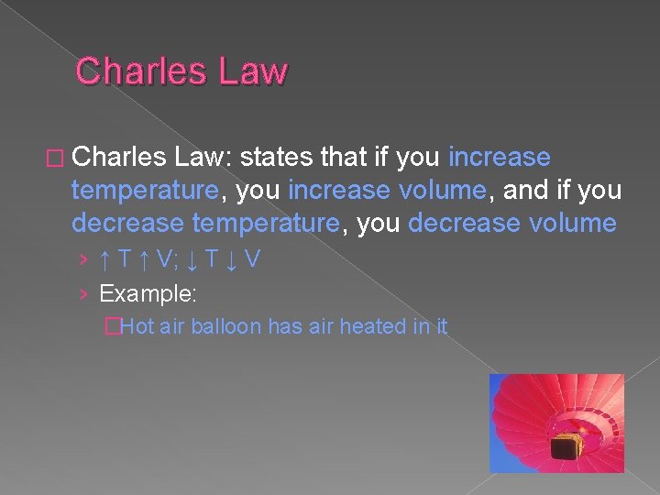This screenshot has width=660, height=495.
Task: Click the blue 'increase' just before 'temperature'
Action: pos(500,158)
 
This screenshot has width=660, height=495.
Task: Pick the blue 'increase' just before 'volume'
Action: pos(339,191)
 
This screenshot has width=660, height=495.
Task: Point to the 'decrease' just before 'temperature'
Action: pos(125,224)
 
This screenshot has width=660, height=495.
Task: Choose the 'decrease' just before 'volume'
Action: pos(459,224)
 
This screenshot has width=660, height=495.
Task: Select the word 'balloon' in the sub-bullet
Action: pos(226,325)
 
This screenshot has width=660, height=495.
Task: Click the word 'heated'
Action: pos(373,325)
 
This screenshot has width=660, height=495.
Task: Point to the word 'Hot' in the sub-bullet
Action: pos(138,325)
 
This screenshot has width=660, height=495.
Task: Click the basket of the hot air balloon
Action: pos(562,447)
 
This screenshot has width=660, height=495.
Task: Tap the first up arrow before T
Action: pos(105,260)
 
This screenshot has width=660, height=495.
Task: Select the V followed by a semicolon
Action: pos(166,260)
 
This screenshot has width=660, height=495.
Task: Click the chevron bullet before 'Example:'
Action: pos(83,293)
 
